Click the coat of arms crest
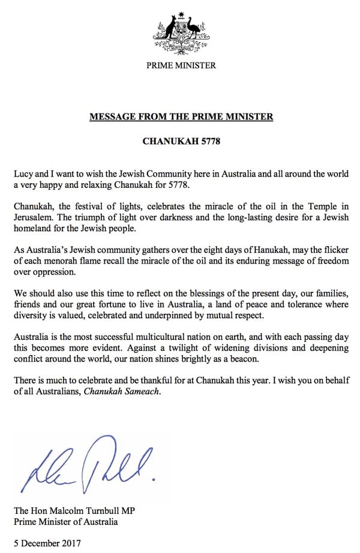tap(181, 31)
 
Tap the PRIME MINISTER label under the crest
tap(181, 65)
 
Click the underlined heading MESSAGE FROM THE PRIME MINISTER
tap(181, 116)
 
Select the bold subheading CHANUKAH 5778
tap(181, 142)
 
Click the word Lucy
tap(23, 174)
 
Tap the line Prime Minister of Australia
tap(65, 521)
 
